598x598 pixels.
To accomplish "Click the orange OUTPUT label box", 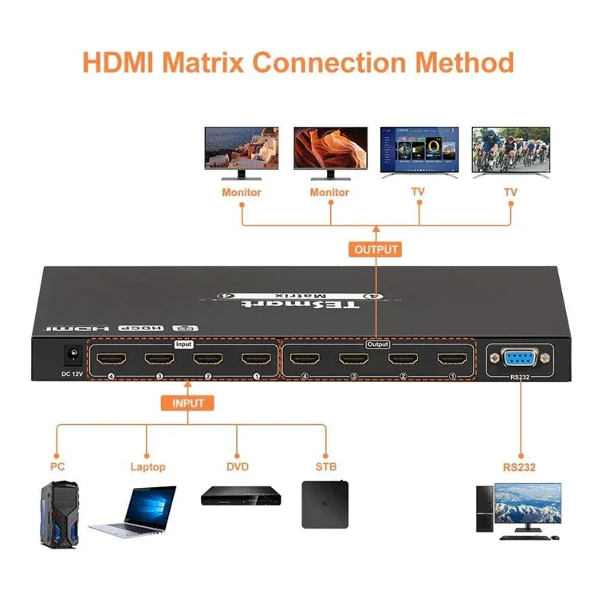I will (x=376, y=249).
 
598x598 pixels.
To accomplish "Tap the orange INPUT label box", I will (x=188, y=403).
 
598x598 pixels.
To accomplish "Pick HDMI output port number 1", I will (x=451, y=359).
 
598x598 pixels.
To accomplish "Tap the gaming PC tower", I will (x=59, y=510).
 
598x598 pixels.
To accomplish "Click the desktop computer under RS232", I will (x=518, y=511).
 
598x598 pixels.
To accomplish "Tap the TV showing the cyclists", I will (x=510, y=151).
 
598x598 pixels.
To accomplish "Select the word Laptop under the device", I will (x=148, y=466).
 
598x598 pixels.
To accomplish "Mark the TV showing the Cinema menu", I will (x=419, y=151).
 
